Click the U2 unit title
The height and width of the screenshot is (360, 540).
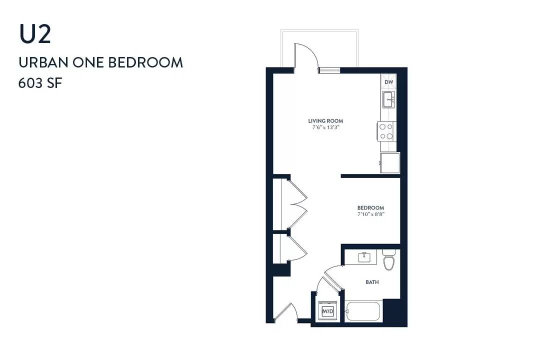35,34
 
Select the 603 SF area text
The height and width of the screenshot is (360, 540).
40,83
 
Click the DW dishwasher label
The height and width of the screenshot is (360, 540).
389,82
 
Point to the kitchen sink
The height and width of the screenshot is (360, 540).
389,99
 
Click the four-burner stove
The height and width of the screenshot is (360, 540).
386,131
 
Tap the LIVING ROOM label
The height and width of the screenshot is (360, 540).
325,121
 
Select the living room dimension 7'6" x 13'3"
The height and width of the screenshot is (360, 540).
326,127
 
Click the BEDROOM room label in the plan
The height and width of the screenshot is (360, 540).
370,207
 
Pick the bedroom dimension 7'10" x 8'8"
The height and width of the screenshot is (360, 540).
370,214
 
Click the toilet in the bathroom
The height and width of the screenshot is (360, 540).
388,260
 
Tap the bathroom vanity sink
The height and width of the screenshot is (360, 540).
364,257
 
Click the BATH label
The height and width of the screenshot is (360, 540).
372,282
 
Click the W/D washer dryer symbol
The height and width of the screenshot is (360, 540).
327,311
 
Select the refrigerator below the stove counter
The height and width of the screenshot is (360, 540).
390,163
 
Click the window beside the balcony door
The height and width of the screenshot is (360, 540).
329,70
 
